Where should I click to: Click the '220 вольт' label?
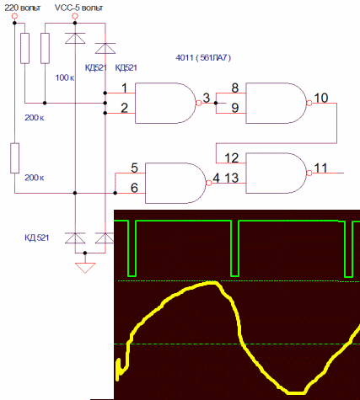[x=23, y=8]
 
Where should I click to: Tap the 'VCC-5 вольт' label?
[x=78, y=8]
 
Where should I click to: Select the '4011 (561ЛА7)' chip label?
[x=203, y=58]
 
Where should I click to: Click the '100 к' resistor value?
[x=65, y=77]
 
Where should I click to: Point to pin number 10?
[x=321, y=98]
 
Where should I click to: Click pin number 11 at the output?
[x=320, y=168]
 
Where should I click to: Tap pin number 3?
[x=207, y=98]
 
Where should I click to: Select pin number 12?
[x=232, y=158]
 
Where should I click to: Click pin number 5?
[x=134, y=168]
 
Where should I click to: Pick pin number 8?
[x=235, y=88]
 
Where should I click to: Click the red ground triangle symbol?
[x=85, y=268]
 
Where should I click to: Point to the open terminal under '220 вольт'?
[x=14, y=16]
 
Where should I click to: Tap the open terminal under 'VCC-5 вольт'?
[x=75, y=16]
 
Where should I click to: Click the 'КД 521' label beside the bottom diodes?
[x=37, y=237]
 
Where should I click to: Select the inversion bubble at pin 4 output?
[x=209, y=183]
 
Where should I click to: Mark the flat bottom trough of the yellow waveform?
[x=296, y=392]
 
